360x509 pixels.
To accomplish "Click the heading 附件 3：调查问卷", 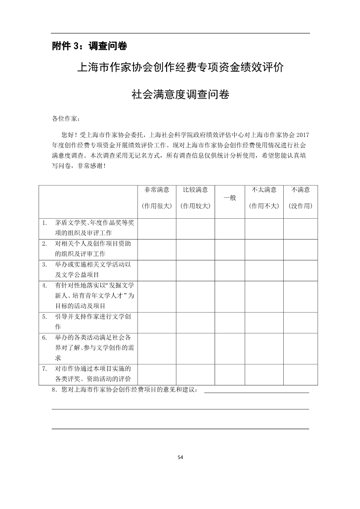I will click(x=89, y=46).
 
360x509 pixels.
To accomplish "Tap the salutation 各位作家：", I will click(x=66, y=119).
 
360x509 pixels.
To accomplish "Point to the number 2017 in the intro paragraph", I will click(x=302, y=135).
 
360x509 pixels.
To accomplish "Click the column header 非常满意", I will click(x=157, y=190).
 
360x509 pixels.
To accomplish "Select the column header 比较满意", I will click(x=195, y=190).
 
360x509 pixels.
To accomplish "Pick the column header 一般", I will click(x=230, y=198).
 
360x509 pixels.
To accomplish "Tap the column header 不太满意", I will click(x=264, y=190).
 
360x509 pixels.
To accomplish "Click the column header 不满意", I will click(x=300, y=190).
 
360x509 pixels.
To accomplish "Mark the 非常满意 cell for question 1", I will click(x=157, y=228).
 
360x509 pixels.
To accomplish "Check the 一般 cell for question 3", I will click(x=230, y=269).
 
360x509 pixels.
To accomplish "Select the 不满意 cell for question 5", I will click(x=300, y=321).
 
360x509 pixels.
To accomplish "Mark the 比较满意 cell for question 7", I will click(x=195, y=374).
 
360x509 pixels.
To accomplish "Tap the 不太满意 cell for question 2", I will click(x=264, y=249).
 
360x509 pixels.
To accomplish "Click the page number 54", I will click(x=180, y=457).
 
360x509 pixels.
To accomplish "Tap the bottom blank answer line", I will click(x=180, y=428).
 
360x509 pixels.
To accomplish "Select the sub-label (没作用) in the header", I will click(x=300, y=206).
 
